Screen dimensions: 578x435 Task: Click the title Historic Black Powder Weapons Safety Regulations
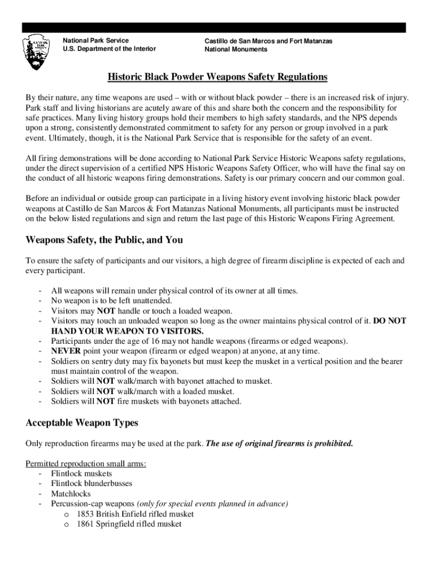click(217, 77)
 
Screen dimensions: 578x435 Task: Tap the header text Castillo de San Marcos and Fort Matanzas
click(268, 41)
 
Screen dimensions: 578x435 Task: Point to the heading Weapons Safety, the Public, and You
click(105, 240)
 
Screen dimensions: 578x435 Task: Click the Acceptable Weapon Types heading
click(82, 423)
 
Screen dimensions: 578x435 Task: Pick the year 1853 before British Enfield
click(85, 514)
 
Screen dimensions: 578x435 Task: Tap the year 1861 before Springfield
click(85, 524)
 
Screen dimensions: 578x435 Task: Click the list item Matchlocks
click(71, 494)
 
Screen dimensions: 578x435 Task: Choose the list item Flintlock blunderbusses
click(92, 484)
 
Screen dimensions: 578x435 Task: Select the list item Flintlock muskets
click(81, 474)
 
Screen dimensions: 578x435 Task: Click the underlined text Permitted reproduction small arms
click(86, 463)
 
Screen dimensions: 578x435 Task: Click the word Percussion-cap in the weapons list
click(76, 504)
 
